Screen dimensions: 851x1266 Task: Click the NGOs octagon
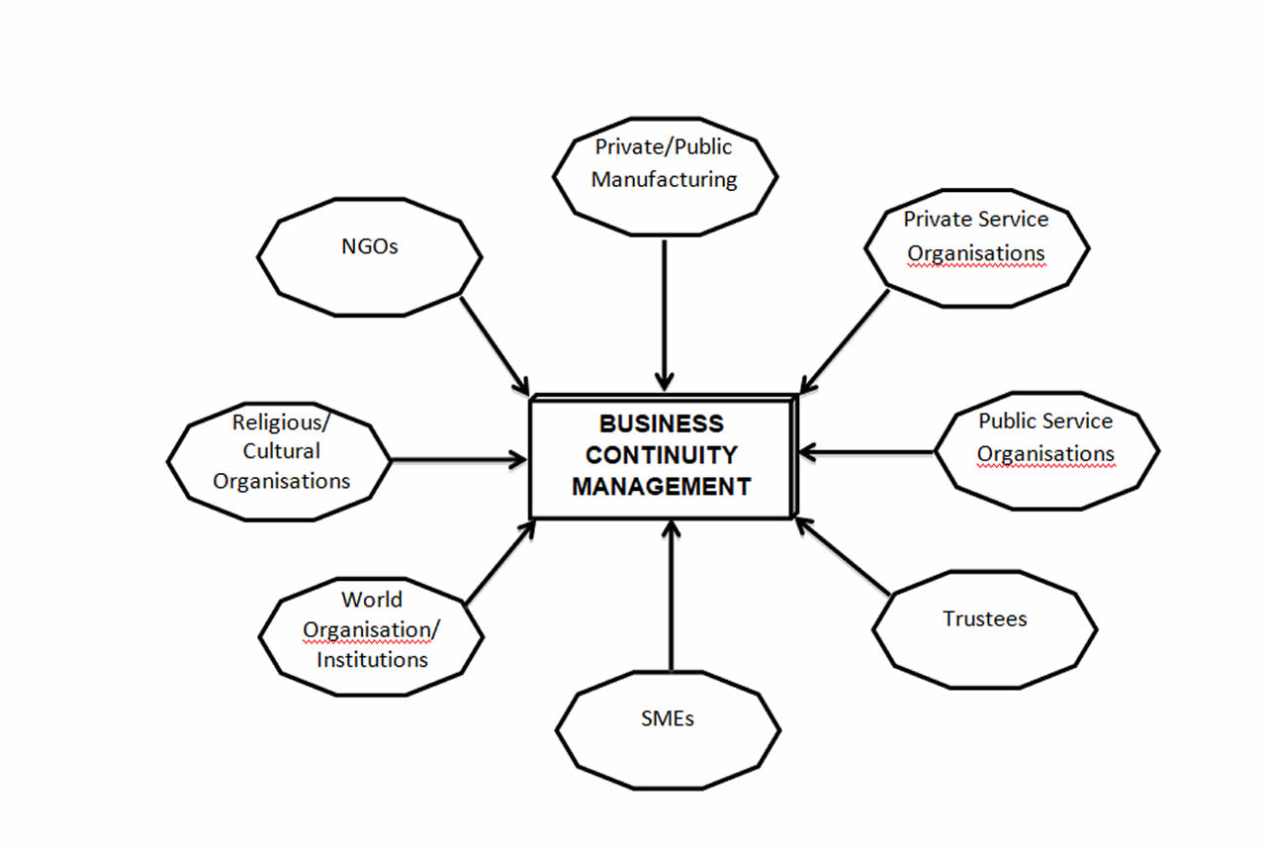click(x=371, y=256)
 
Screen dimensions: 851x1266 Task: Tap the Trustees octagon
click(x=984, y=629)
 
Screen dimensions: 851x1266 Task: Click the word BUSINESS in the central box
click(x=662, y=424)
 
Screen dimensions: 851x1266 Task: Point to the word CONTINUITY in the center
click(x=662, y=455)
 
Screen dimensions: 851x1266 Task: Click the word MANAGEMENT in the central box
click(x=662, y=487)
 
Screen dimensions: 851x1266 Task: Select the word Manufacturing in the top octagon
click(x=665, y=179)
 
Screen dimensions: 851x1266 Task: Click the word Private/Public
click(x=664, y=146)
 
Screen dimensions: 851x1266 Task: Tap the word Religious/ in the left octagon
click(x=282, y=423)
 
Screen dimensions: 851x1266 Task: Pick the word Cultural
click(x=282, y=451)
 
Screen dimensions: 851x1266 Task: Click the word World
click(x=372, y=600)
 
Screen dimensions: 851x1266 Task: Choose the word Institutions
click(x=372, y=659)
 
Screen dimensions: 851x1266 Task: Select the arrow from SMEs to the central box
click(x=672, y=599)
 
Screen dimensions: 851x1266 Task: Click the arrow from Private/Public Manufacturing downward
click(x=665, y=312)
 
